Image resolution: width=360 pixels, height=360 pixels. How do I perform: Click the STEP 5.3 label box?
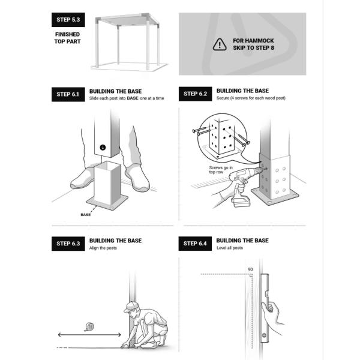68,20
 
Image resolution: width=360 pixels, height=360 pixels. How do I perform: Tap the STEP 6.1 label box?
68,94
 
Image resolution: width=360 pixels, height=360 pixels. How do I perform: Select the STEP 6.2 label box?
196,94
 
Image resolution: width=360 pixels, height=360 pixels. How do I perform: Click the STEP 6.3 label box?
68,244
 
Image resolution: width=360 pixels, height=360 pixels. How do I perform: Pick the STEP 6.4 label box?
195,244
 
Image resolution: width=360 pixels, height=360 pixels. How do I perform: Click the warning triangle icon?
220,44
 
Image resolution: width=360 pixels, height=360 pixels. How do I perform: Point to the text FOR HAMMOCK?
253,41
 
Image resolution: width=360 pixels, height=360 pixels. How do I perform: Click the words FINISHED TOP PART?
67,38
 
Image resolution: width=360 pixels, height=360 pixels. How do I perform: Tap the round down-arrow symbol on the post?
103,147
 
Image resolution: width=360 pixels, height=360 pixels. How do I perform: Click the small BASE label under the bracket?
86,215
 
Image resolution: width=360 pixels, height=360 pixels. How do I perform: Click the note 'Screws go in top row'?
221,170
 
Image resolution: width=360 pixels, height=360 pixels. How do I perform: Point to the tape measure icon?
89,327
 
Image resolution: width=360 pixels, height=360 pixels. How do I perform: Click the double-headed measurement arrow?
89,335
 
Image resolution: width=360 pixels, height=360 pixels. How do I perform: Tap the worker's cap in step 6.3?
130,307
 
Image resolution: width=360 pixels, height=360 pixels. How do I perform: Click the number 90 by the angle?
250,269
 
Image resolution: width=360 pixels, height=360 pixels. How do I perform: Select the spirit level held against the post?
265,308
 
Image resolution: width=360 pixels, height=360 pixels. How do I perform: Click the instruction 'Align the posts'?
103,248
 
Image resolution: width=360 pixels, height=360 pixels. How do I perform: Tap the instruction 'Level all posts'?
230,248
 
